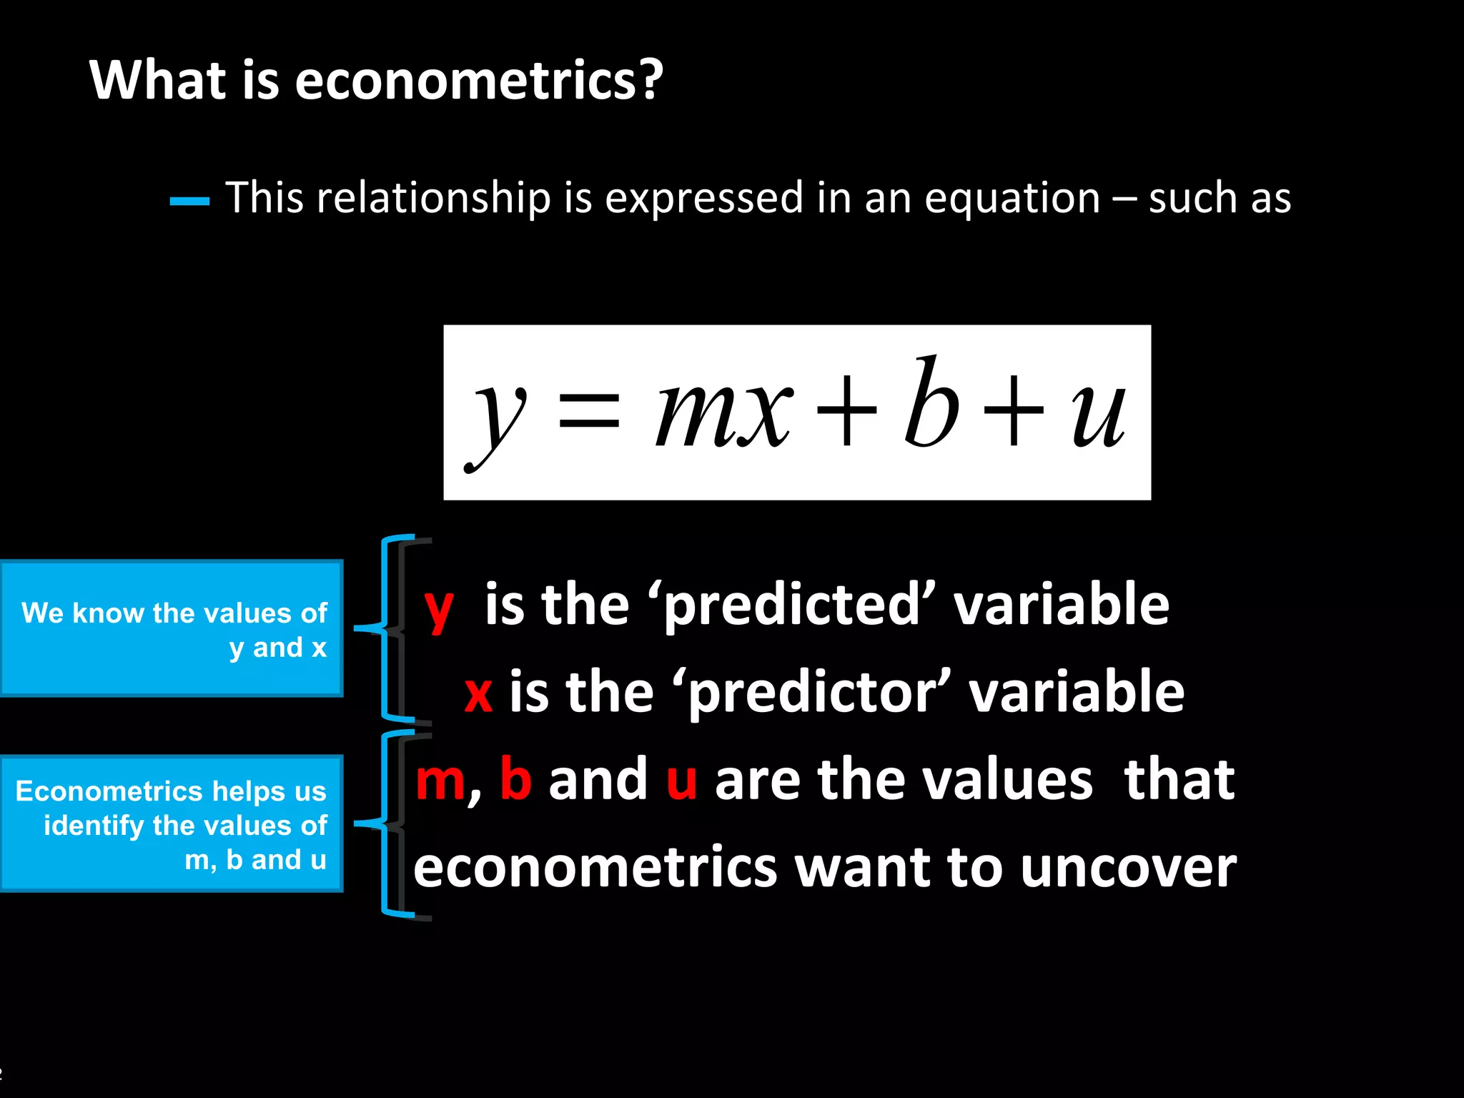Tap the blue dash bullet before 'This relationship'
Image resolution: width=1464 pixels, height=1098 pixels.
[x=189, y=202]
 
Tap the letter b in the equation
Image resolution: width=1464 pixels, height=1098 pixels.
[x=929, y=404]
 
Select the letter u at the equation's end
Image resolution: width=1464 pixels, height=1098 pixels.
[x=1097, y=415]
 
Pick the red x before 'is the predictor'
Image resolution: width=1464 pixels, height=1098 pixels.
[x=478, y=693]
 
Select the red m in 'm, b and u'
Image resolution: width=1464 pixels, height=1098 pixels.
[x=441, y=780]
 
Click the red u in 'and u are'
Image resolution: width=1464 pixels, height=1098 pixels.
[x=681, y=780]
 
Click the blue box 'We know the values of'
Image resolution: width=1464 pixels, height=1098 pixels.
[x=172, y=628]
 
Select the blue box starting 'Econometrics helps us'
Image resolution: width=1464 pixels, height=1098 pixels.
[x=172, y=823]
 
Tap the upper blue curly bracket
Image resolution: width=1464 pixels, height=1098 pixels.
[x=386, y=628]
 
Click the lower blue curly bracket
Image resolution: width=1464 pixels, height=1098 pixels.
[x=386, y=823]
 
